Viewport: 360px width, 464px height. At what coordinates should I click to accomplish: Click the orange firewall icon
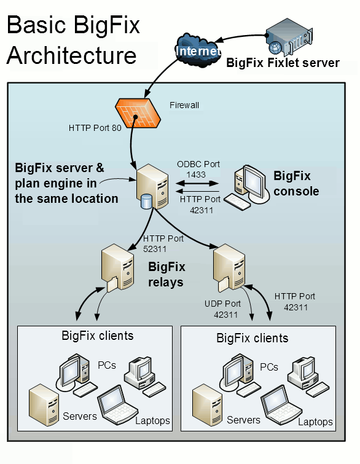click(137, 112)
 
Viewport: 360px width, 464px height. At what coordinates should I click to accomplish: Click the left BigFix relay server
click(117, 267)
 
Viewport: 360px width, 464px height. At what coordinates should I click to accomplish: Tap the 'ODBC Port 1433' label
click(196, 170)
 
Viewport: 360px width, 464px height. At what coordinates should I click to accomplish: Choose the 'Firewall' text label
click(184, 105)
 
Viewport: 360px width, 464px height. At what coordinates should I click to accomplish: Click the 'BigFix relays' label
click(166, 274)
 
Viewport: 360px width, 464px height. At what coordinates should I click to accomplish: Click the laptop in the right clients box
click(280, 406)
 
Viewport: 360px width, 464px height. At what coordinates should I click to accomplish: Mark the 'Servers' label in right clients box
click(243, 420)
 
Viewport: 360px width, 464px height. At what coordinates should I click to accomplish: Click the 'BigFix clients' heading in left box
click(98, 336)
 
